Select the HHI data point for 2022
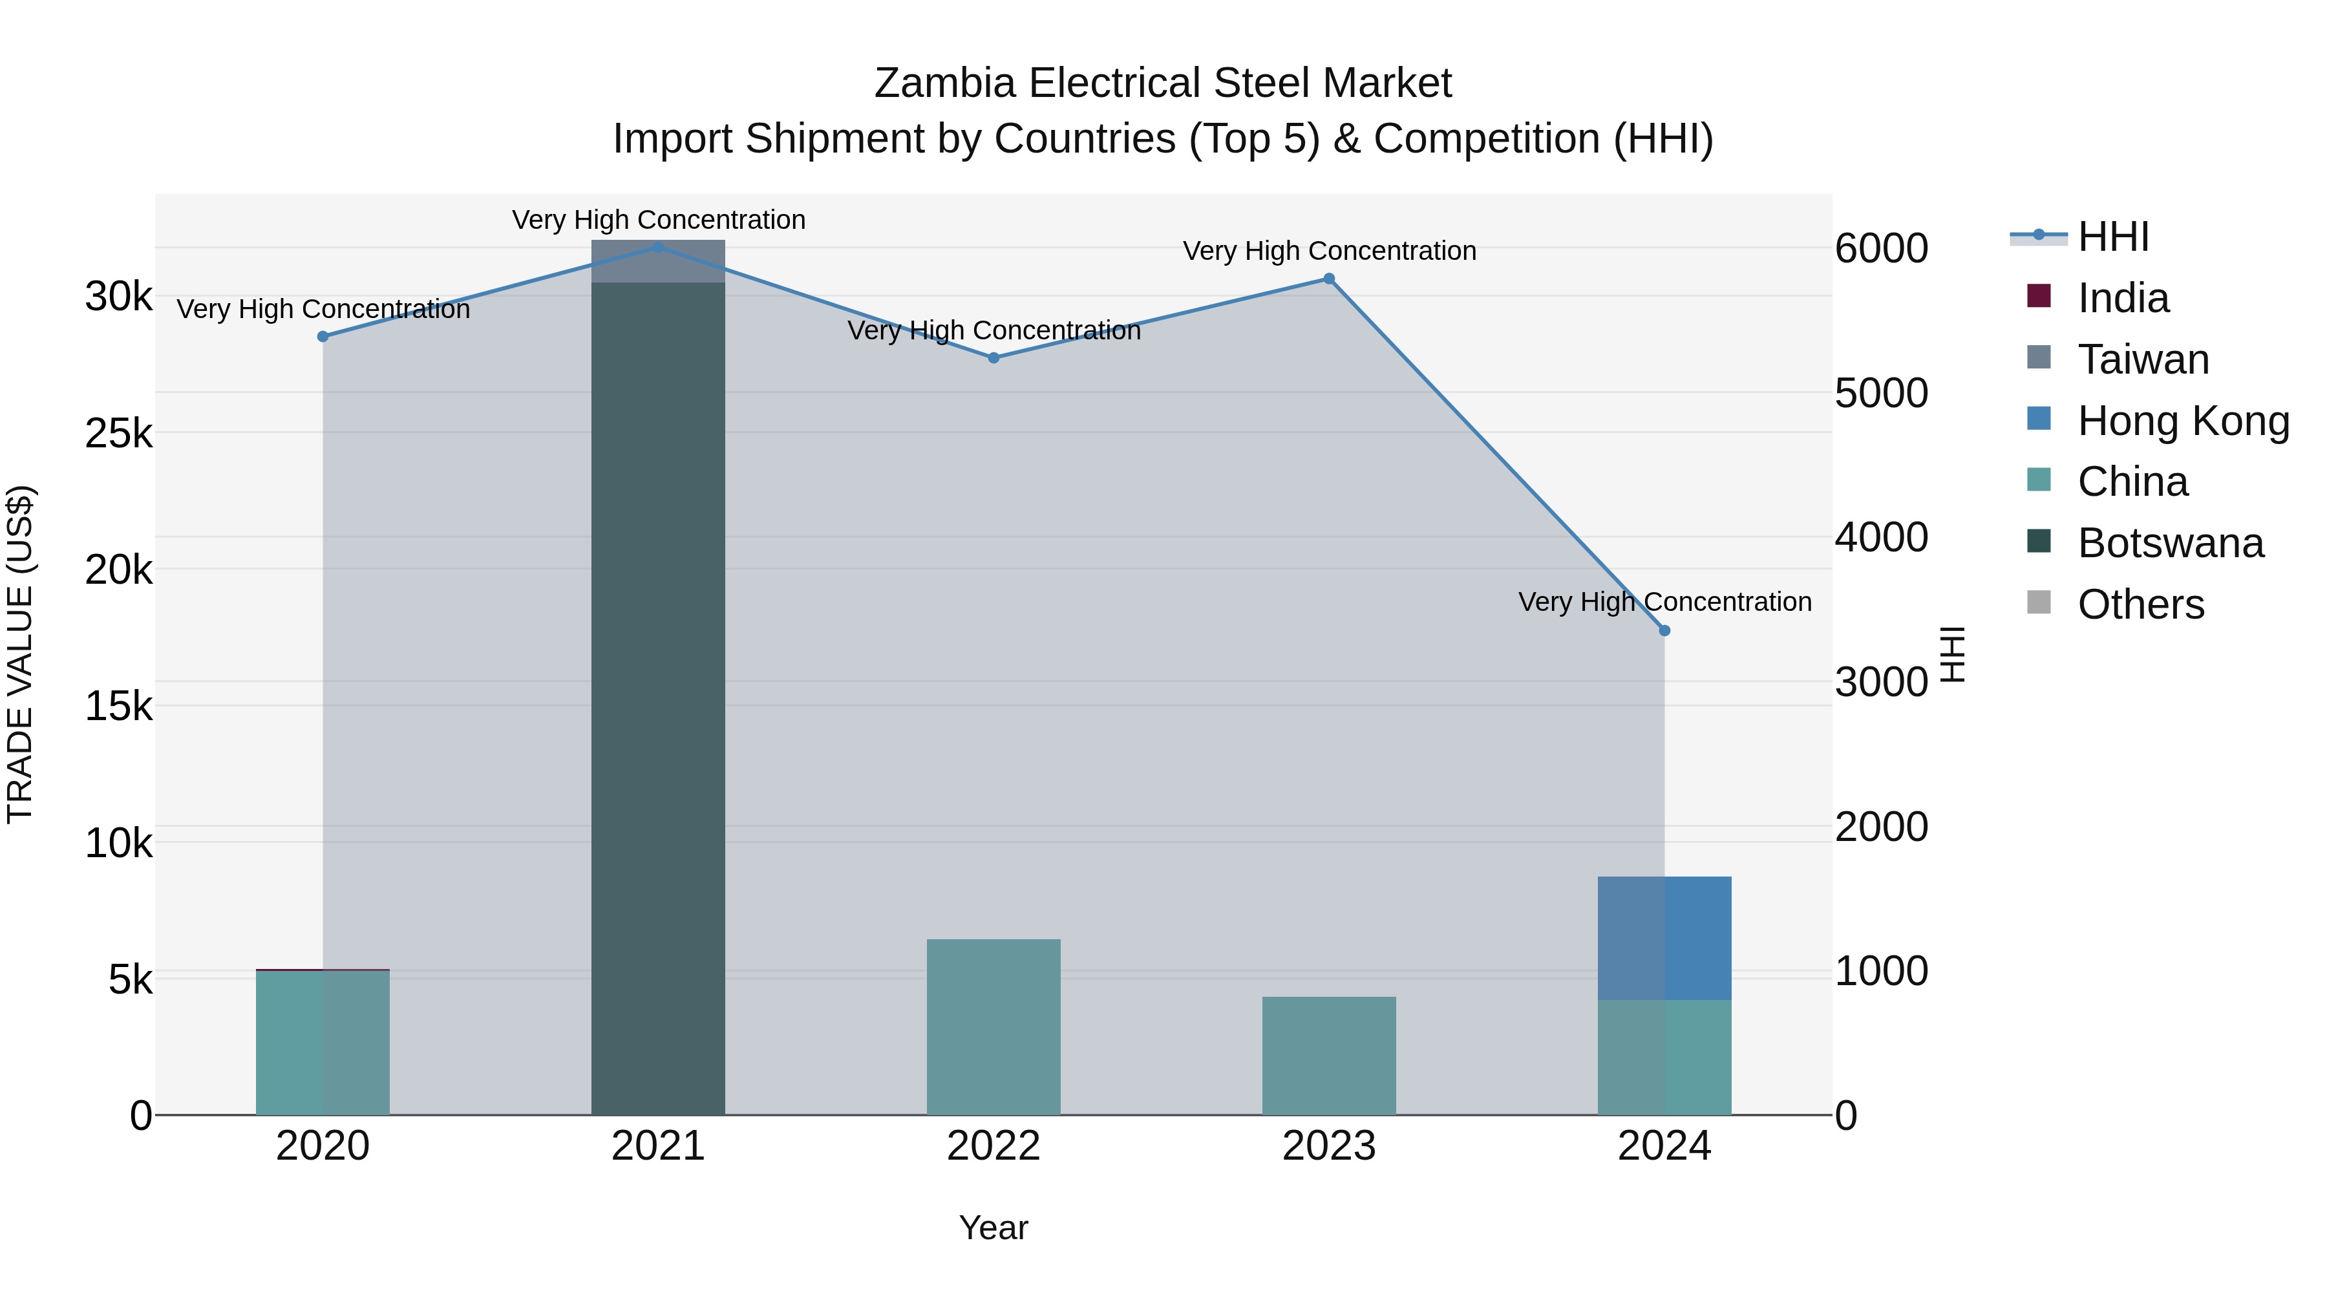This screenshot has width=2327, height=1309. coord(993,357)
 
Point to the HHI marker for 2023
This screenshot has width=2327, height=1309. coord(1329,279)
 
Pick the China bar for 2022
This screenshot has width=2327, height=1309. coord(993,1027)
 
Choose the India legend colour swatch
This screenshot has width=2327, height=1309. coord(2039,296)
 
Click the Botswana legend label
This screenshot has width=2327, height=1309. coord(2171,543)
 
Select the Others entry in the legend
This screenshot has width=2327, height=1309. coord(2141,604)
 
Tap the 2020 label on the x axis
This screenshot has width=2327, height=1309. coord(323,1146)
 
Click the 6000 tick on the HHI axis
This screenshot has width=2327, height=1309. coord(1882,248)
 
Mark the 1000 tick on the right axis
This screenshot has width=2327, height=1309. coord(1882,971)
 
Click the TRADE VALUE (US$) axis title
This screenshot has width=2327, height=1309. coord(20,654)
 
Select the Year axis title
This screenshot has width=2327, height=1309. coord(993,1228)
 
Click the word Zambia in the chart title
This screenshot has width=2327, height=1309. coord(945,83)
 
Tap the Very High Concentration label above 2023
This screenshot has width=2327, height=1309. coord(1329,251)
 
